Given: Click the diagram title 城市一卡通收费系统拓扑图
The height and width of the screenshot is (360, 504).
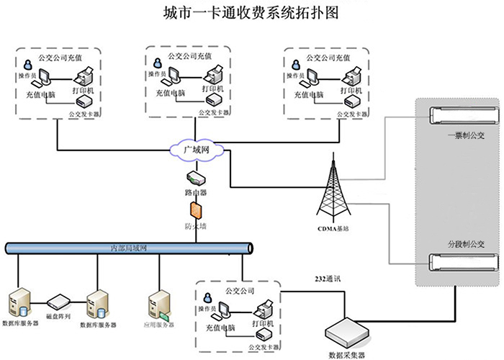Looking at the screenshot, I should tap(251, 13).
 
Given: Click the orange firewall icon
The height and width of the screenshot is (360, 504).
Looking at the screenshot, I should tap(195, 210).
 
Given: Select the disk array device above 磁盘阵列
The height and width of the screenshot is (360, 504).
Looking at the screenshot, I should tap(58, 299).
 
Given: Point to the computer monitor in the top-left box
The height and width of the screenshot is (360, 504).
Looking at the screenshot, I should tap(43, 76).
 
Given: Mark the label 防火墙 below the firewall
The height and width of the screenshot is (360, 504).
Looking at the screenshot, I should tap(195, 225).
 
